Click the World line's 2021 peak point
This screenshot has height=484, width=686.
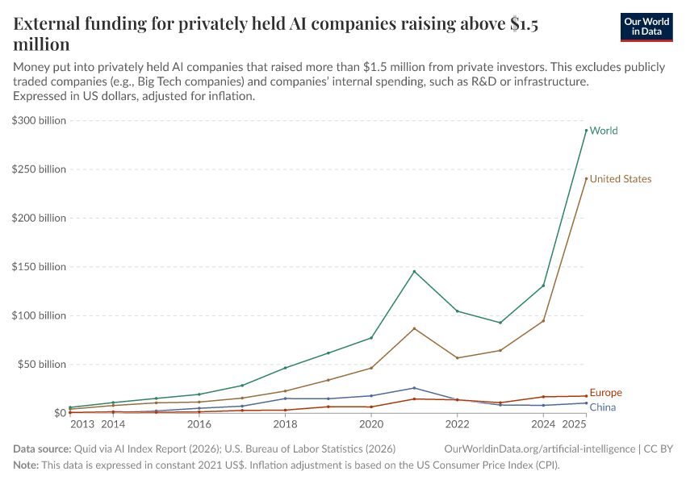(414, 271)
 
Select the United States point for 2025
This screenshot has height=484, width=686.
(586, 178)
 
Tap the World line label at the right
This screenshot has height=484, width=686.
(604, 131)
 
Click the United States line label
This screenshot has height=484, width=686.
(620, 179)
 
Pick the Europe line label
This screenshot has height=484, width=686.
(605, 393)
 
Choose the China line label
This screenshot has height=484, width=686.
(602, 407)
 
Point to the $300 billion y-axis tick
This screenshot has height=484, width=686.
(39, 120)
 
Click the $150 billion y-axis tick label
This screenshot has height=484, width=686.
(39, 267)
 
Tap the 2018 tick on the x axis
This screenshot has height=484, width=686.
(285, 423)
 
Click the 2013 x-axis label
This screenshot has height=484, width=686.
(82, 423)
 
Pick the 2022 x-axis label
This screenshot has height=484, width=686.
(457, 423)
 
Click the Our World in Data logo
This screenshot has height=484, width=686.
(646, 27)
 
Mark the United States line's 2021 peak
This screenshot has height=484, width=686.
(414, 328)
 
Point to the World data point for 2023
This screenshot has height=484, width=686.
(500, 323)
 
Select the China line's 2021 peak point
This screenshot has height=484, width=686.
(414, 388)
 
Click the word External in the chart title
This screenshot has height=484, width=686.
(50, 24)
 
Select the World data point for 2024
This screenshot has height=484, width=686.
(543, 286)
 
